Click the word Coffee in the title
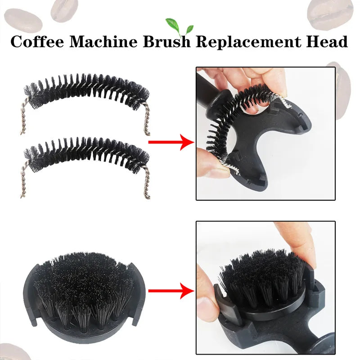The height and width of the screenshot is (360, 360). click(x=37, y=41)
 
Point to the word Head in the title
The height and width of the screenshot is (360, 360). click(x=328, y=41)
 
